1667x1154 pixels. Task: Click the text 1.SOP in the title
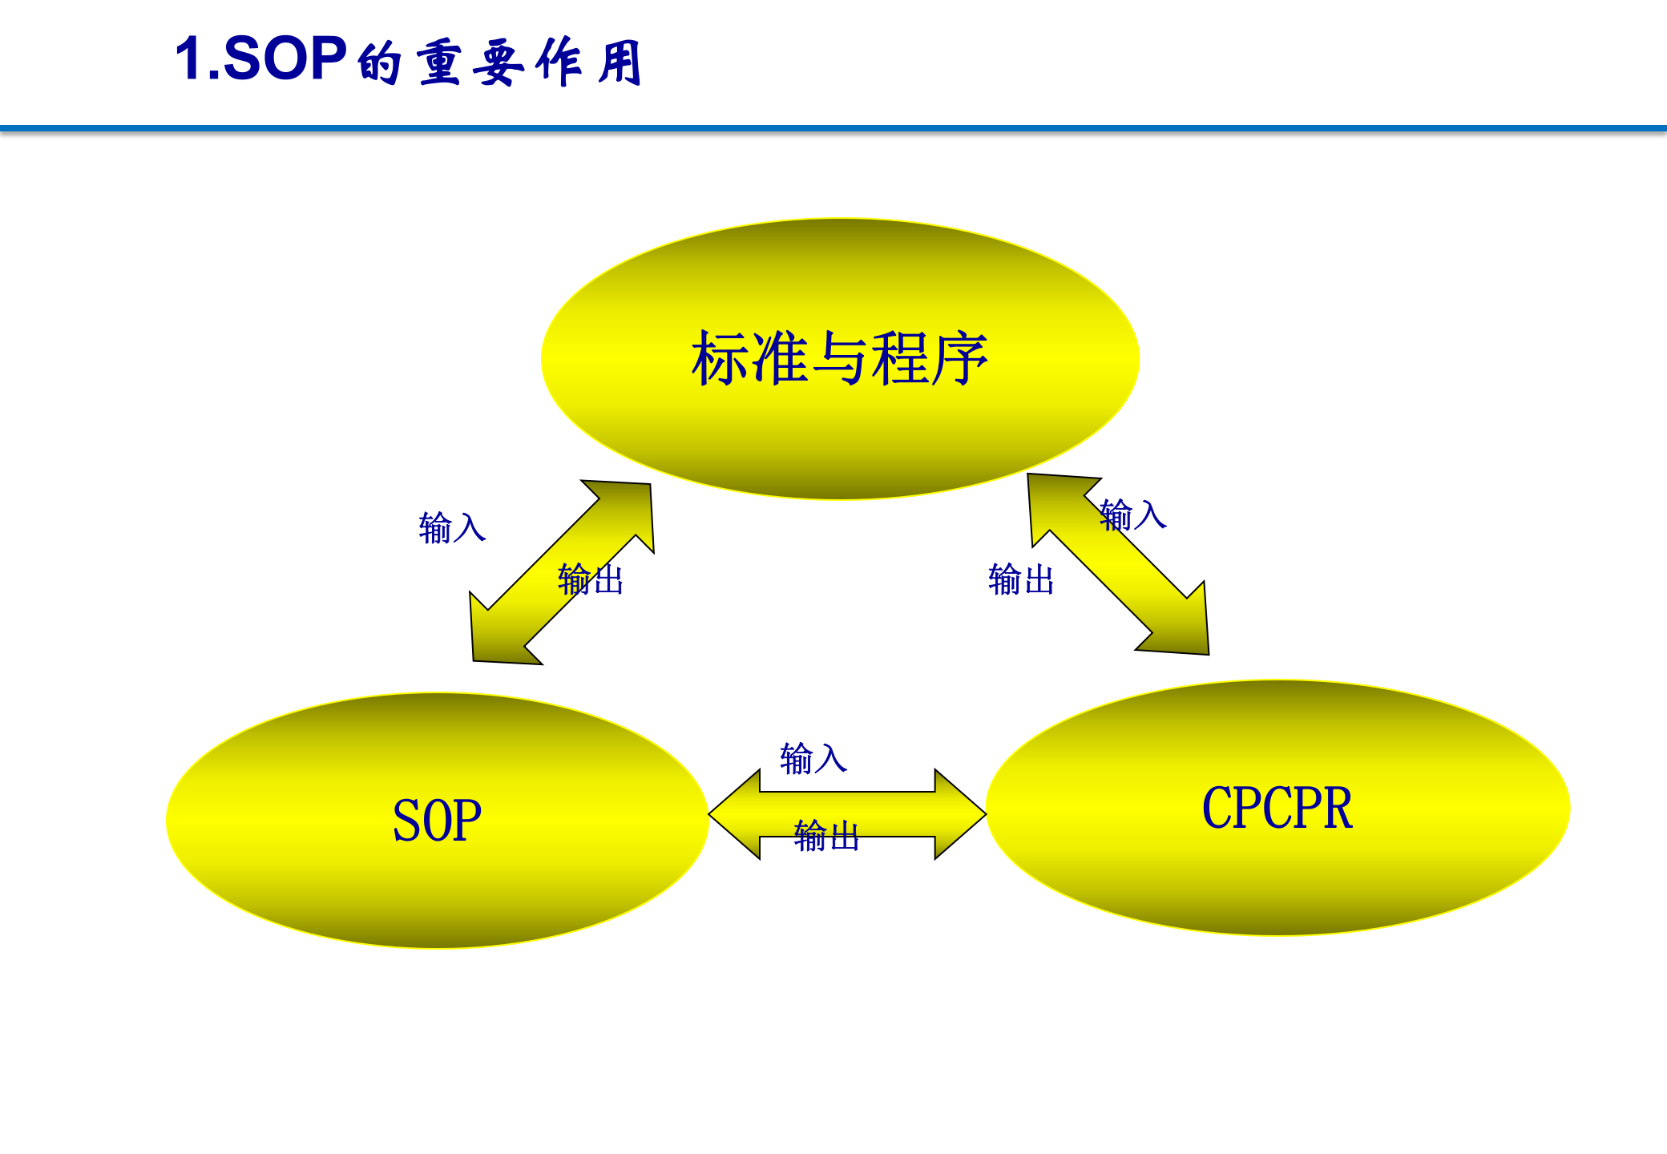(260, 59)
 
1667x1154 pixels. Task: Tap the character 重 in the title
(438, 63)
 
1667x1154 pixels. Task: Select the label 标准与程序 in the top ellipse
(839, 358)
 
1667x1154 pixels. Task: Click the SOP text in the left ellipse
(437, 821)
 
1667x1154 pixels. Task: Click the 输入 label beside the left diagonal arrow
(452, 528)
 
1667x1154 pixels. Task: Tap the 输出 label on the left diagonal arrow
(591, 579)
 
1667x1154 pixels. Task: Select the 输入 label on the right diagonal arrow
(1132, 514)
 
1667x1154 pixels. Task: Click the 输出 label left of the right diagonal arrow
(1021, 579)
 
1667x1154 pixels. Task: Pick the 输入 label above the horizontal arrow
(813, 758)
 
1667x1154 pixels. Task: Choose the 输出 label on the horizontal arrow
(826, 836)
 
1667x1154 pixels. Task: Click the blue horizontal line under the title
(833, 128)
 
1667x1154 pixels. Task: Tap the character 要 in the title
(498, 63)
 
